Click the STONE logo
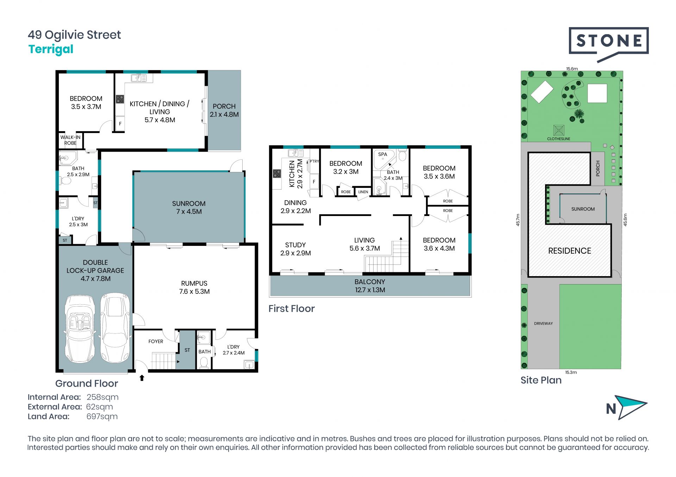click(608, 44)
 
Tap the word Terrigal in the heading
click(51, 49)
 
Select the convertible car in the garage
click(80, 329)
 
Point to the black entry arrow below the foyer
click(142, 378)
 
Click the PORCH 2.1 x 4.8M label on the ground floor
click(224, 110)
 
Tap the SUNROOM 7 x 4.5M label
click(189, 208)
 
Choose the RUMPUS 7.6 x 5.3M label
click(194, 287)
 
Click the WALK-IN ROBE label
click(70, 140)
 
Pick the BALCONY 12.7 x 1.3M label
click(370, 286)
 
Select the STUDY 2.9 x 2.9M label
click(295, 249)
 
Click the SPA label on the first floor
click(383, 154)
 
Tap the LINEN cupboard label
click(363, 192)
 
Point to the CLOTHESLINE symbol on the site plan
click(559, 131)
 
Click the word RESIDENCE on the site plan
click(570, 251)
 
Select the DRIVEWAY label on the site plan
click(543, 324)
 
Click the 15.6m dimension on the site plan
click(572, 69)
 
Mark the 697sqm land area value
click(102, 417)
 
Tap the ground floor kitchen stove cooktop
click(120, 99)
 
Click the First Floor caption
click(292, 309)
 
